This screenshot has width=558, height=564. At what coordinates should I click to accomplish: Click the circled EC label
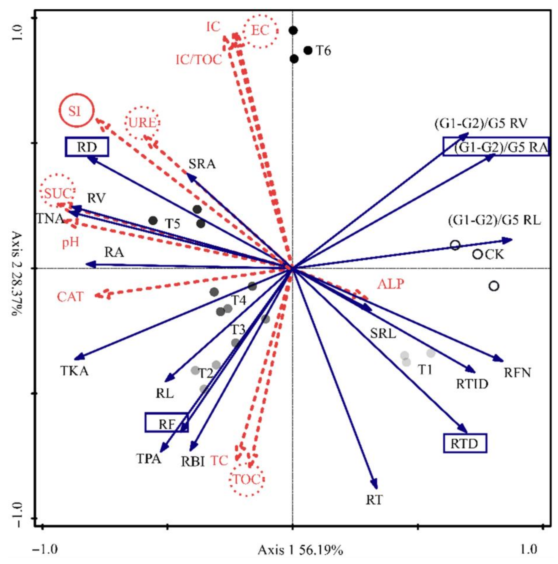coord(260,30)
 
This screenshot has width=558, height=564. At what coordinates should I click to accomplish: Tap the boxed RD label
coord(87,147)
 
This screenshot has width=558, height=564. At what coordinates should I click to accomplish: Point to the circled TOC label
coord(247,479)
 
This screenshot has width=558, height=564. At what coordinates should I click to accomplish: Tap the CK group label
coord(494,255)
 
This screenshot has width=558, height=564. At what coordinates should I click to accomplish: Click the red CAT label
coord(70,297)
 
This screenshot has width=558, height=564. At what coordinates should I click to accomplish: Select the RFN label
coord(517,373)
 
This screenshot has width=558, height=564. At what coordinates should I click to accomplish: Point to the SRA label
coord(202,164)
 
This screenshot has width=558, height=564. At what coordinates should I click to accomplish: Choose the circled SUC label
coord(58,194)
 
